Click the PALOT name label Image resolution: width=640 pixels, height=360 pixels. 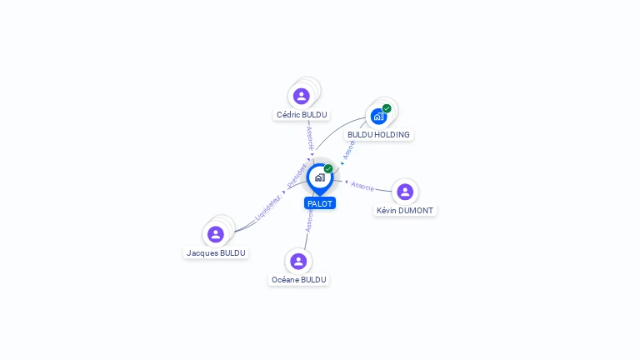coord(320,203)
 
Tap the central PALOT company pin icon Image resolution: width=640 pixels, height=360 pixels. coord(319,177)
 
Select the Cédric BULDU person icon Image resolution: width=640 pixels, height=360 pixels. coord(302,96)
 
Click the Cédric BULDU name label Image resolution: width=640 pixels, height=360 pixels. coord(302,115)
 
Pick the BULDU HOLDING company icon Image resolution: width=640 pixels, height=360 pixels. coord(378,117)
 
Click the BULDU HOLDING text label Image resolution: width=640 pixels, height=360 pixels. coord(378,134)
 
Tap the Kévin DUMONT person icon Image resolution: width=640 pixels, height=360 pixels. coord(405,192)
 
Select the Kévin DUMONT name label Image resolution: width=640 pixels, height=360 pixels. coord(405,211)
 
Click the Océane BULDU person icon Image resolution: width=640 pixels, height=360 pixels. coord(298,261)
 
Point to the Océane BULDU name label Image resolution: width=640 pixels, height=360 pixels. coord(298,280)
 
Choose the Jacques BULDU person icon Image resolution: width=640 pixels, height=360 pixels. coord(216,234)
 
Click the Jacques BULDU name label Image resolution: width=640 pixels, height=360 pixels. coord(216,252)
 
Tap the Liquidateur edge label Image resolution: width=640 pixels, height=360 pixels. coord(269,207)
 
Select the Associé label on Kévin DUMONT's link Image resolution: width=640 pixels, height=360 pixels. coord(362,185)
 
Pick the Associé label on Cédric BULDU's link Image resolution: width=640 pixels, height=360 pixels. coord(309,138)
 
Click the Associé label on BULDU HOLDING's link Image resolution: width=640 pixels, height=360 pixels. coord(349,150)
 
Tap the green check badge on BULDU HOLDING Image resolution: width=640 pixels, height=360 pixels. coord(387,108)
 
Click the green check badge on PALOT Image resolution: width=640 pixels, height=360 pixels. coord(328,169)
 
